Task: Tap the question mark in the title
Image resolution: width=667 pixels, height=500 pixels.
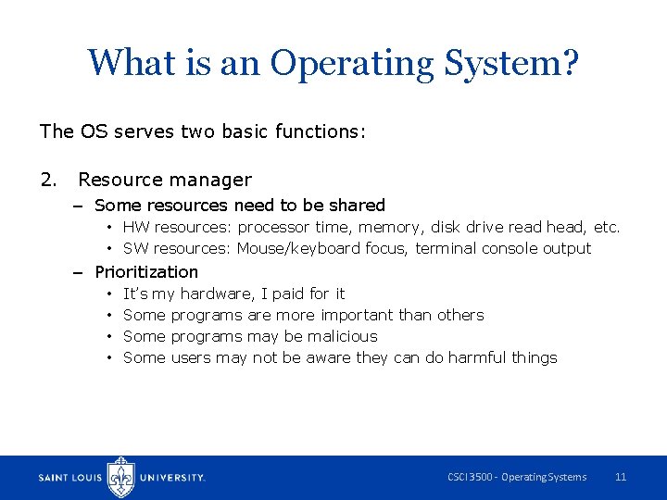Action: tap(570, 62)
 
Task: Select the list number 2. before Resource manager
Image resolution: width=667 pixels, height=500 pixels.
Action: tap(49, 180)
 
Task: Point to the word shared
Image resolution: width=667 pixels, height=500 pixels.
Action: tap(357, 205)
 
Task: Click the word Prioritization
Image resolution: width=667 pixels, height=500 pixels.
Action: tap(146, 271)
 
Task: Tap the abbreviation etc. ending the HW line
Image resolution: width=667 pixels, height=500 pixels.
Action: tap(607, 227)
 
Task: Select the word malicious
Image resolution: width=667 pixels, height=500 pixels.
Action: tap(343, 336)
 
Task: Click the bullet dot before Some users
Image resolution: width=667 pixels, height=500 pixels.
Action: tap(109, 357)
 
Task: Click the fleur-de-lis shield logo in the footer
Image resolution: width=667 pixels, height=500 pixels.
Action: tap(121, 478)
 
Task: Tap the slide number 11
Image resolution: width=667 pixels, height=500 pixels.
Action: tap(621, 477)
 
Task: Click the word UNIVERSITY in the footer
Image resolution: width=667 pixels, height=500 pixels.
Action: tap(171, 478)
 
